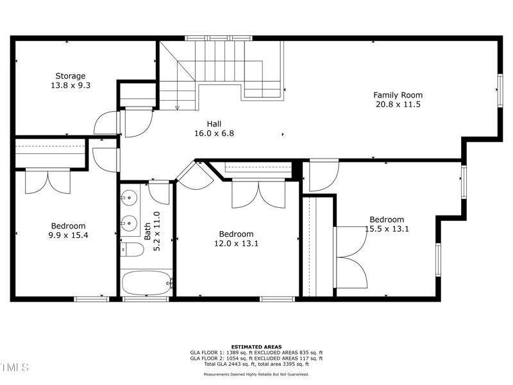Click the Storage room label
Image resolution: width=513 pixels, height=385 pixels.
pos(70,76)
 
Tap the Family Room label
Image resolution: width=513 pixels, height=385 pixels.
pos(398,95)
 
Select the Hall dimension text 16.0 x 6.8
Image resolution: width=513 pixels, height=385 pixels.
pos(214,133)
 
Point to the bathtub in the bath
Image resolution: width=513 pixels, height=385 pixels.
pos(147,282)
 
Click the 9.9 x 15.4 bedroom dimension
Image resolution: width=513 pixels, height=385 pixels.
pos(69,235)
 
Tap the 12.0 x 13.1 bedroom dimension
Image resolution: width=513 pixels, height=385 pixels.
pos(236,243)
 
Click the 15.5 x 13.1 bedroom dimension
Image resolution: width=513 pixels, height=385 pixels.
pos(387,228)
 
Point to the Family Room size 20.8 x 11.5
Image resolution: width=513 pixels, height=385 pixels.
pos(398,104)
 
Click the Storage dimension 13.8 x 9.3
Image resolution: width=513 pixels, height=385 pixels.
pos(70,85)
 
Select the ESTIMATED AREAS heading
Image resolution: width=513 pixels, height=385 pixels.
pos(256,347)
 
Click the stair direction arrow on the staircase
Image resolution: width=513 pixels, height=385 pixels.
pos(177,107)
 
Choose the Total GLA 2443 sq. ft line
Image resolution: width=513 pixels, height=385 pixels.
pos(256,364)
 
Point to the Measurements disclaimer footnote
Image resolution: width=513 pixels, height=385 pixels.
pos(256,374)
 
